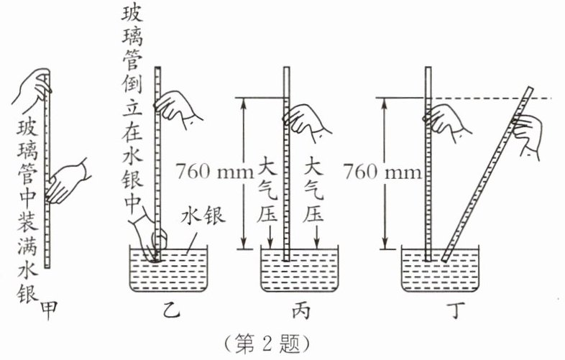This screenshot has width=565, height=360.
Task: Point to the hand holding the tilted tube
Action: [527, 132]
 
